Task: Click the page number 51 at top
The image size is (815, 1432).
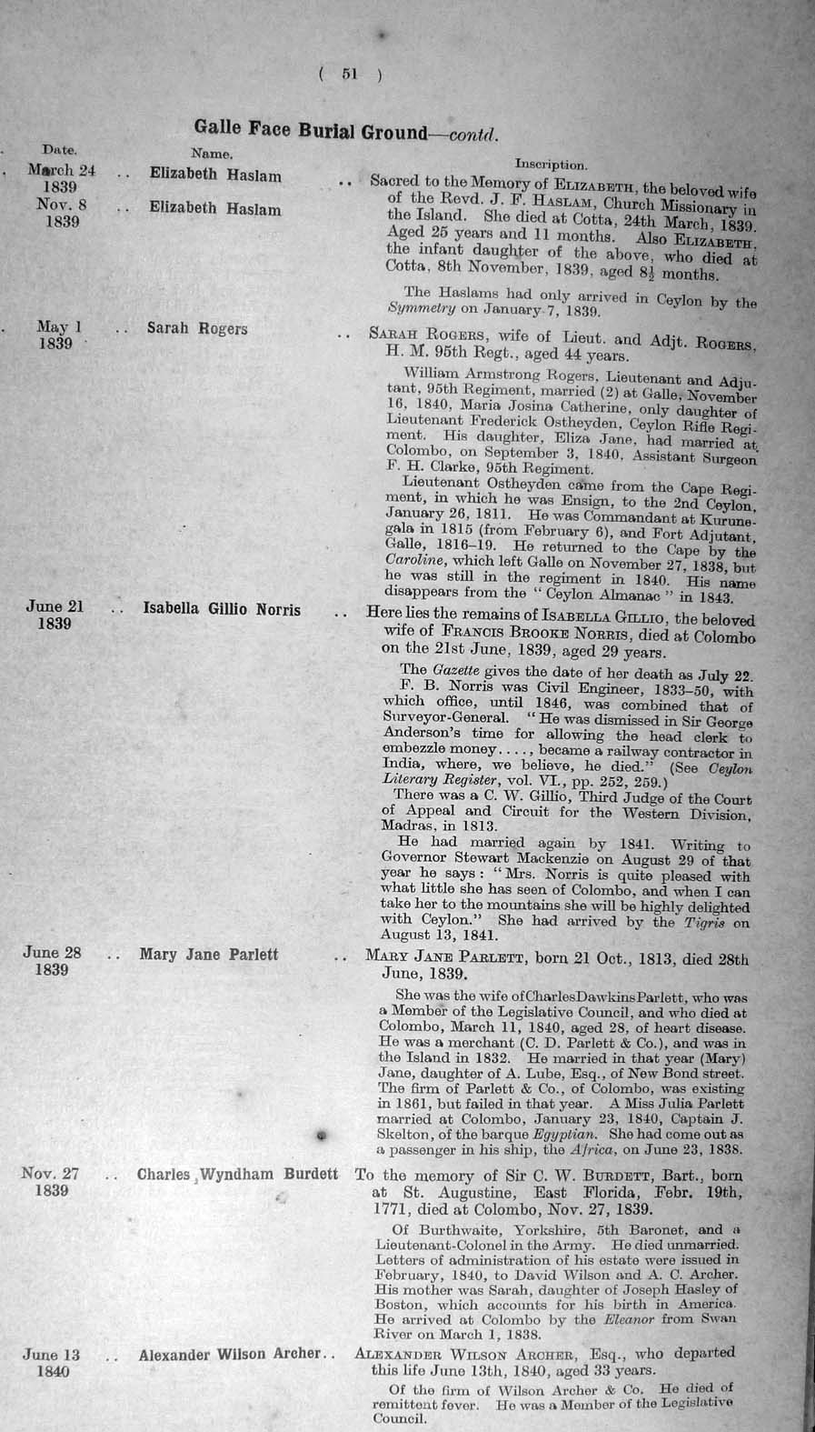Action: pyautogui.click(x=350, y=75)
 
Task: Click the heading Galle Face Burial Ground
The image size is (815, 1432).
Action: pyautogui.click(x=310, y=131)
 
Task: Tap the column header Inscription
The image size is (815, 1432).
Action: pyautogui.click(x=551, y=165)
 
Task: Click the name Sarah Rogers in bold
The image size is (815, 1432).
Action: pyautogui.click(x=197, y=328)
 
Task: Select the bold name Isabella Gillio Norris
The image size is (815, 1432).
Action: pyautogui.click(x=222, y=609)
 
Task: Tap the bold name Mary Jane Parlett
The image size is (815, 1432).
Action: pyautogui.click(x=208, y=955)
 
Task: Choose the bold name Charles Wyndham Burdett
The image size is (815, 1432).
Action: pyautogui.click(x=237, y=1175)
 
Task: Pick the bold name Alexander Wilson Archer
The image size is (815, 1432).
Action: pyautogui.click(x=230, y=1355)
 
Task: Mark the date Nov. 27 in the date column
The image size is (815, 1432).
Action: pyautogui.click(x=50, y=1174)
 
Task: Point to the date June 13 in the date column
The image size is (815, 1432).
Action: pyautogui.click(x=51, y=1355)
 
